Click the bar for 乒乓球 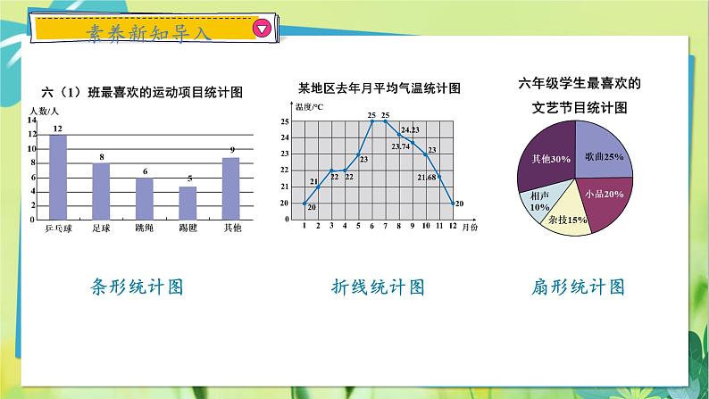point(57,178)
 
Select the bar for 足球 point(101,192)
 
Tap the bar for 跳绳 point(144,199)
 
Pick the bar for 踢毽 point(188,204)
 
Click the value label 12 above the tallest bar point(57,129)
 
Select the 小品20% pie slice point(603,198)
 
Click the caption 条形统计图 point(138,287)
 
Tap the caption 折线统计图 point(379,287)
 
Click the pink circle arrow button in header point(262,29)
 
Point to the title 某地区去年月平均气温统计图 point(379,88)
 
